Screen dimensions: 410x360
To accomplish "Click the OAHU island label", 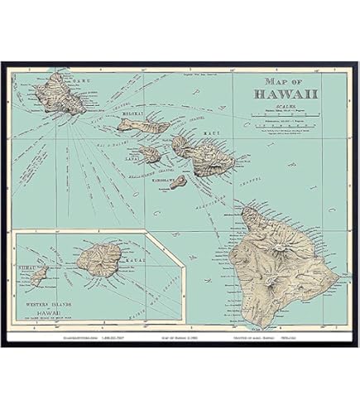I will point(80,80).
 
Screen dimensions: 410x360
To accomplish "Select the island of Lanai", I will point(150,154).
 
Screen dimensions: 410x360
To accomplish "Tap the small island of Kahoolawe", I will point(179,181).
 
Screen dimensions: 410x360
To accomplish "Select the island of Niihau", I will point(39,276).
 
